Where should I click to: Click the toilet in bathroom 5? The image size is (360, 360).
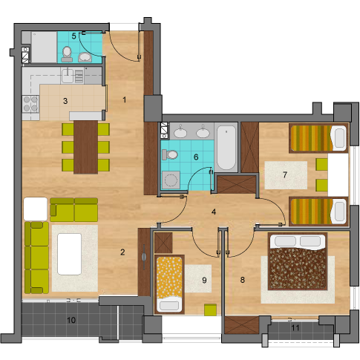point(67,54)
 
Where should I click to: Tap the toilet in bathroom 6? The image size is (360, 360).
point(170,154)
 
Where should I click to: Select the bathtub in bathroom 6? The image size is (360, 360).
point(226,148)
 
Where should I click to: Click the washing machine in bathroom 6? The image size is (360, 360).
point(171,180)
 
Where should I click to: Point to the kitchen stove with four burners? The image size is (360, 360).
point(30,104)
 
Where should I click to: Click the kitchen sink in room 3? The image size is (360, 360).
point(67,76)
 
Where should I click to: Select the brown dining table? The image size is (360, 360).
point(85,147)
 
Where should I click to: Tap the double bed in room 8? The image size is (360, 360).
point(298,261)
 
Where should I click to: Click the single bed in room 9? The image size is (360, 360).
point(169,284)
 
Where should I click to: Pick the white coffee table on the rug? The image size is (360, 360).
point(69,254)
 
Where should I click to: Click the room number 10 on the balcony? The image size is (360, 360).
point(71,320)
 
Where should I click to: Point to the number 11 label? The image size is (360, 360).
point(295,328)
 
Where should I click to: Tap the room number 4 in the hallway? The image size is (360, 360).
point(214,212)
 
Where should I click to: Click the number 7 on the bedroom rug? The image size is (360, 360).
point(285,174)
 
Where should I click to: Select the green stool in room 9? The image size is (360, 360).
point(210,310)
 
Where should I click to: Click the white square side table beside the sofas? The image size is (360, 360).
point(36,209)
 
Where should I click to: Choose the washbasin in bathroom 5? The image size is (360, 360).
point(85,57)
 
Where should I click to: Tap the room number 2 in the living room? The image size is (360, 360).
point(122,252)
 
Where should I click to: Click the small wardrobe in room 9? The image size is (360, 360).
point(163,243)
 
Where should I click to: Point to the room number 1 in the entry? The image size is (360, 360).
point(125,100)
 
